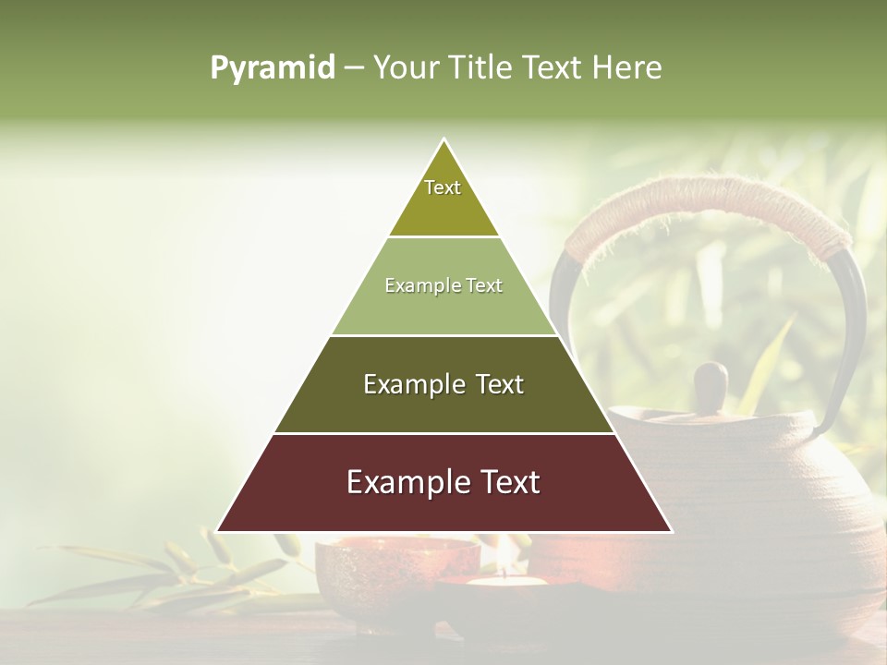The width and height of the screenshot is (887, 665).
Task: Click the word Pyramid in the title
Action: coord(273,68)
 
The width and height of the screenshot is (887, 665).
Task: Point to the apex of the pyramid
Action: coord(444,140)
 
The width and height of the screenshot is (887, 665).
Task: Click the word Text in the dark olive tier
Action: coord(500,385)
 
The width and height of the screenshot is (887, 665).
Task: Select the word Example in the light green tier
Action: coord(416,286)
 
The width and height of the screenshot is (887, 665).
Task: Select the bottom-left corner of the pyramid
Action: coord(218,530)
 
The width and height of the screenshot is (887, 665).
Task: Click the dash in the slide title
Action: coord(354,68)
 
